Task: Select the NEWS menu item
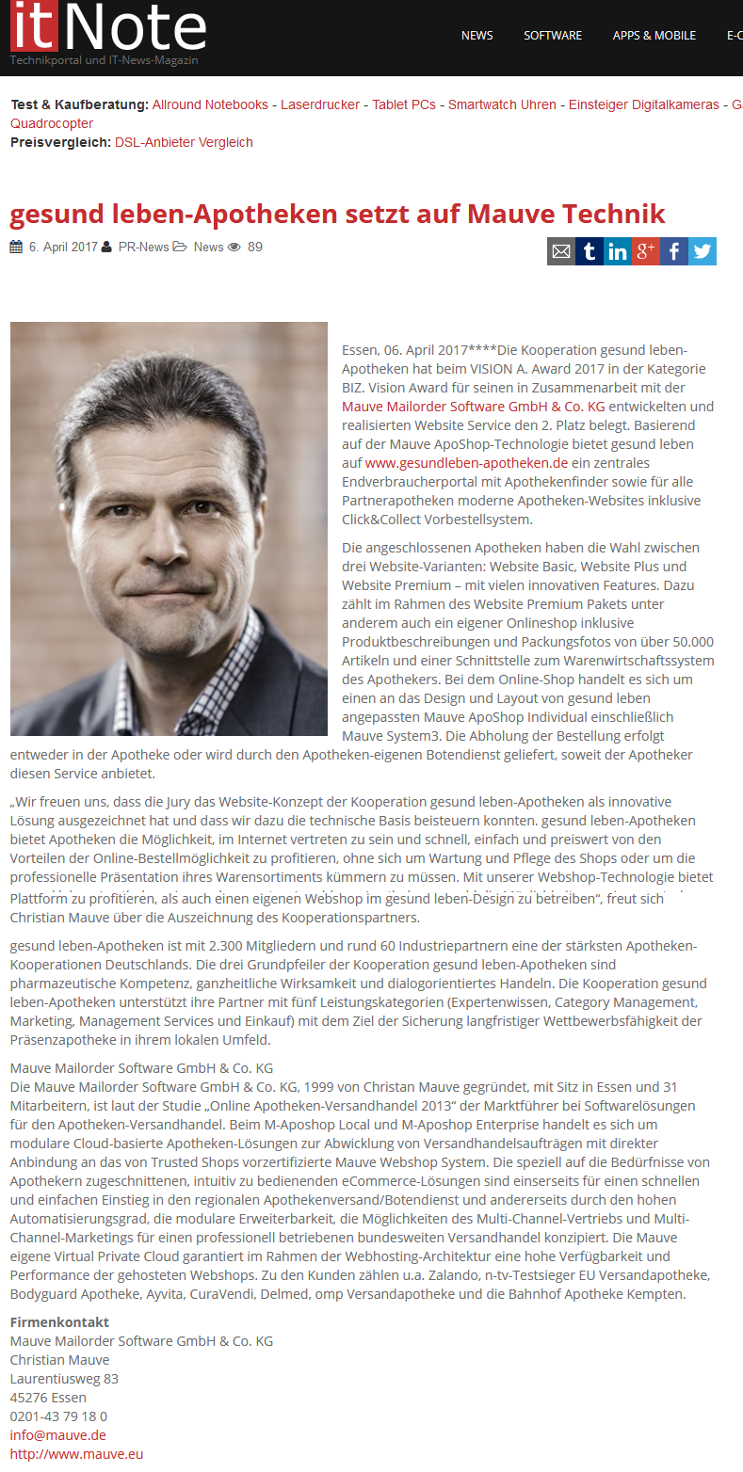476,36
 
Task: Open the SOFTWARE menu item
553,36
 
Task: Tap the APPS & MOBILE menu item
654,36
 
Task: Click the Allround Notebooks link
210,104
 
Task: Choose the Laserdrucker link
320,104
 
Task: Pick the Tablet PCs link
404,104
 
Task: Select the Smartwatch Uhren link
502,104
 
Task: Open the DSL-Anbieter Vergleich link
184,142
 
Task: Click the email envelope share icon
561,251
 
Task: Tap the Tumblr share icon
590,251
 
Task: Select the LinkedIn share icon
618,251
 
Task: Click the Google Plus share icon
646,251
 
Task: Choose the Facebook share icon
674,251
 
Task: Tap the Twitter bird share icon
703,251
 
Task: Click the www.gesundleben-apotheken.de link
466,463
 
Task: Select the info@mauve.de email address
58,1435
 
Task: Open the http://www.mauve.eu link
76,1454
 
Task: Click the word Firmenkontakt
59,1322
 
